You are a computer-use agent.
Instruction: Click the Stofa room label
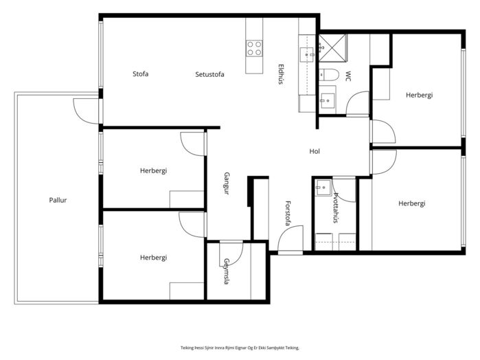coord(141,74)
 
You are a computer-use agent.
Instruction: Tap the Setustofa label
coord(209,74)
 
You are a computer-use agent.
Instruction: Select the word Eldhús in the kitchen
coord(281,74)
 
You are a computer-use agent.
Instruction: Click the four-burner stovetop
coord(254,48)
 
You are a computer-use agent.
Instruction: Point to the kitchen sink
coord(306,54)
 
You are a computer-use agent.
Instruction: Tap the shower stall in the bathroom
coord(332,48)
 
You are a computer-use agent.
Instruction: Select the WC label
coord(348,76)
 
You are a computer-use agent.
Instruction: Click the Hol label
coord(315,151)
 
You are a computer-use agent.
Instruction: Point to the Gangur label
coord(227,183)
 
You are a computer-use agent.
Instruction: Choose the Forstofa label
coord(288,213)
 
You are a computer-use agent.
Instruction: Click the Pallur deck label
coord(58,200)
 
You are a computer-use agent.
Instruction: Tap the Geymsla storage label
coord(226,271)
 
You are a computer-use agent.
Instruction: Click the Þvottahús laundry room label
coord(336,207)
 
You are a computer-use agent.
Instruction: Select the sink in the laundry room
coord(323,188)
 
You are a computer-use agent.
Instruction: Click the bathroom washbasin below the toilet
coord(327,100)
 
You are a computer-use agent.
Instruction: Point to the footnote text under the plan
coord(240,348)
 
